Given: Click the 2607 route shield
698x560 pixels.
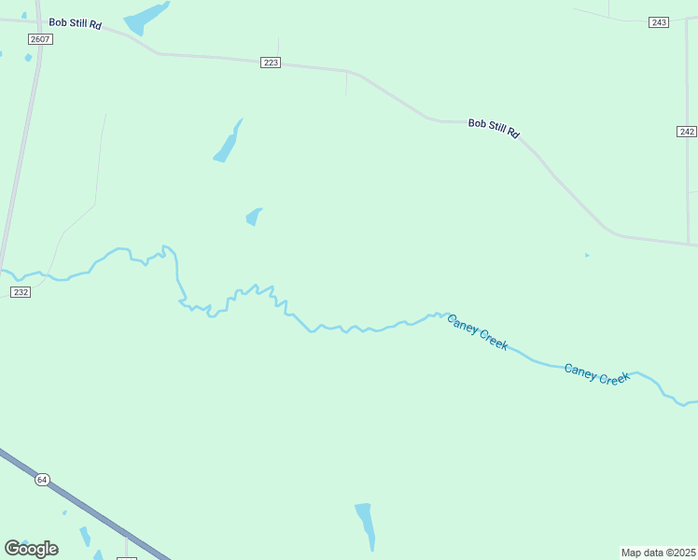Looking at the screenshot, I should (x=40, y=39).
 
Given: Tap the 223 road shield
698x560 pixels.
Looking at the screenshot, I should (x=271, y=63).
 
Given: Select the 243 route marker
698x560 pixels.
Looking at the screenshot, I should (x=659, y=22).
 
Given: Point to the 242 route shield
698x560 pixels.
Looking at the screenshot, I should (x=687, y=132).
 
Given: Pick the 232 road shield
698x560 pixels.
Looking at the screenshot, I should (x=21, y=292).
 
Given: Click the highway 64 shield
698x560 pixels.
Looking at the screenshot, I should (x=42, y=480).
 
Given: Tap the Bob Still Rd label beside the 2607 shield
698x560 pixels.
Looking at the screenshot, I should (x=76, y=22).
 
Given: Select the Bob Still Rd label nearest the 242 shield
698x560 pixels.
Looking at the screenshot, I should (x=494, y=128).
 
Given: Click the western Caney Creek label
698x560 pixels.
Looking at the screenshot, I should (x=477, y=331).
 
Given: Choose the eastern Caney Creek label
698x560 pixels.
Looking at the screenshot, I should (x=597, y=373).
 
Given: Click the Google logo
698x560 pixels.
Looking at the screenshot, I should (x=31, y=548).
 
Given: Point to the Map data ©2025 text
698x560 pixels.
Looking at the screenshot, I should (x=658, y=553).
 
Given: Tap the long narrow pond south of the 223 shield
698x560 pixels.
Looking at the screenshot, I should (x=228, y=142).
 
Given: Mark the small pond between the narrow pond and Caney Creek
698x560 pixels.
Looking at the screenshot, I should (x=253, y=217).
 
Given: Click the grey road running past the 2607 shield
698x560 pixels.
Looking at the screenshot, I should (x=22, y=149).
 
